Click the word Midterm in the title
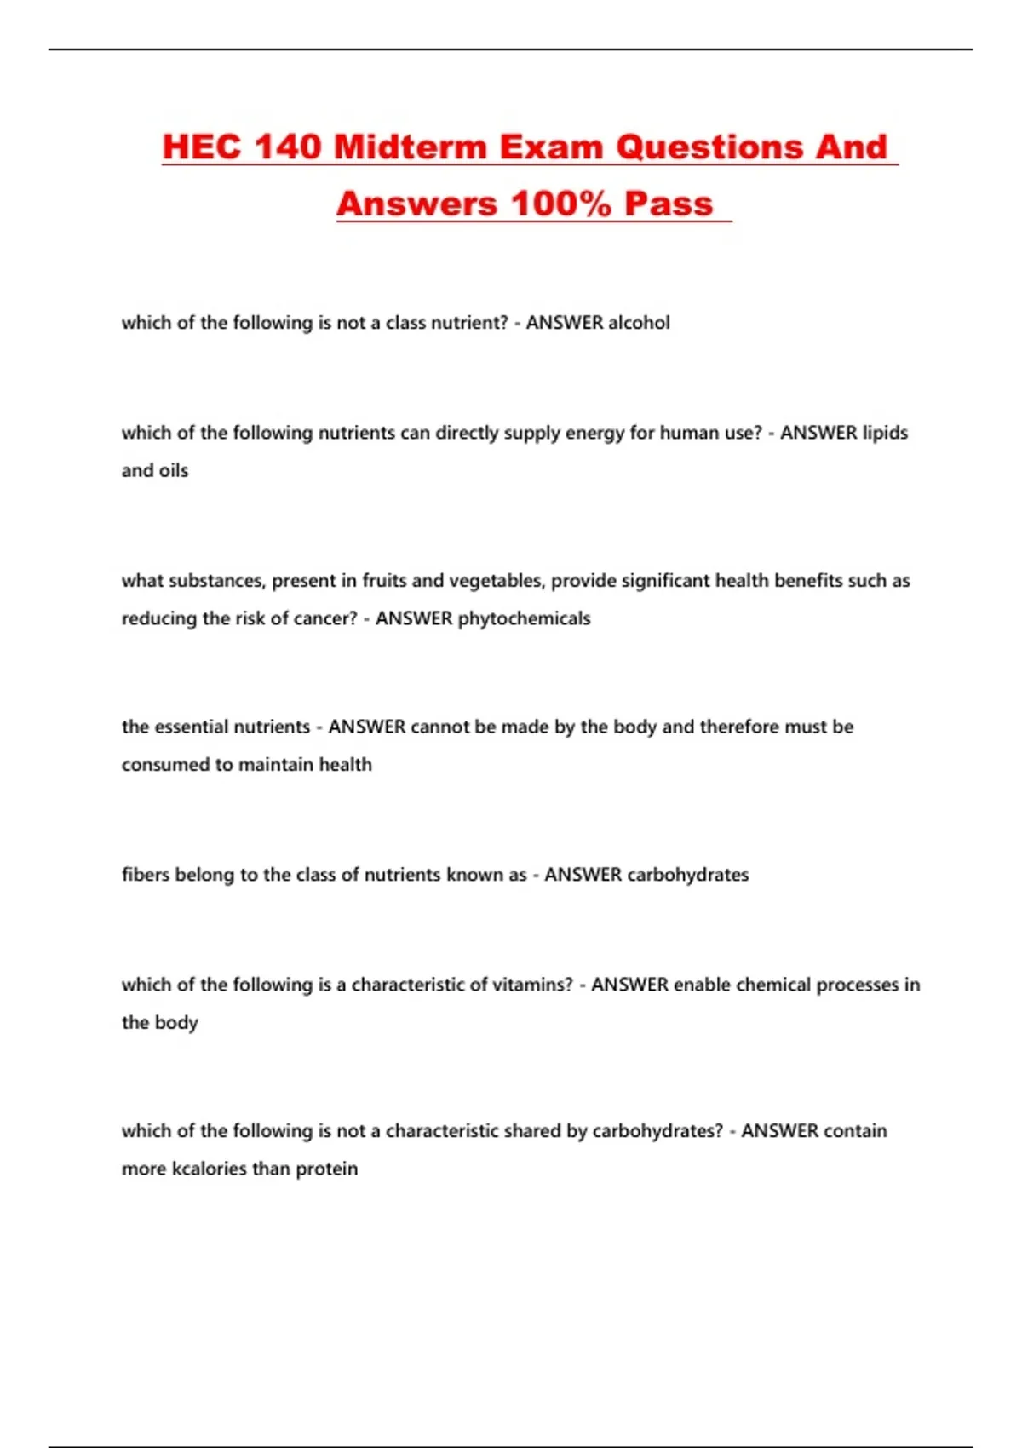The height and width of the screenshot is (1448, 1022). tap(411, 147)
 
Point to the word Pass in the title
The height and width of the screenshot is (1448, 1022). tap(669, 204)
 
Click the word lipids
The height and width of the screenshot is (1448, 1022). tap(885, 433)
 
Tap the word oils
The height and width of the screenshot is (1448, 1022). tap(174, 470)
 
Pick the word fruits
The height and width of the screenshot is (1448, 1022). tap(384, 581)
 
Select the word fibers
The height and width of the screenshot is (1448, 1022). tap(146, 875)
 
